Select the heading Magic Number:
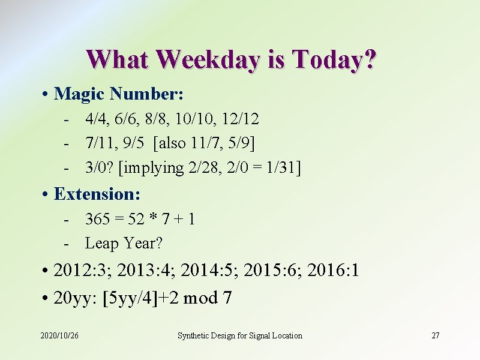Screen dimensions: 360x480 [119, 94]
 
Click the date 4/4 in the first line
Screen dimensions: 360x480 [95, 119]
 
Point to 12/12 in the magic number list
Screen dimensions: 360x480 [240, 119]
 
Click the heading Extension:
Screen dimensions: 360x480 [97, 194]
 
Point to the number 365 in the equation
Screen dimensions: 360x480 [98, 219]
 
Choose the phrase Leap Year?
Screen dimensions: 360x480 [124, 243]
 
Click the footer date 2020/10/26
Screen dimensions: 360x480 [59, 335]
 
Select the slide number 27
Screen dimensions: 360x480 [436, 335]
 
